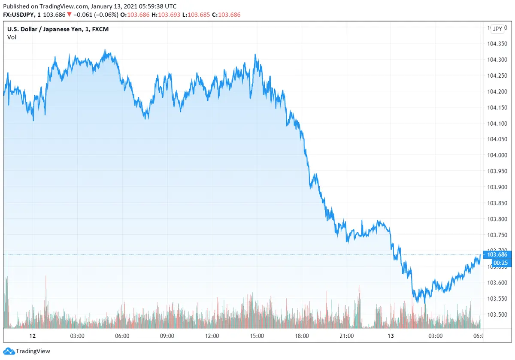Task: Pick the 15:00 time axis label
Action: [257, 336]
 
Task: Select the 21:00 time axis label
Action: [346, 336]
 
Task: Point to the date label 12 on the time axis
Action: [32, 336]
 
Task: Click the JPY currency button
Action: [497, 29]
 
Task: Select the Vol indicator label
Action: [12, 37]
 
